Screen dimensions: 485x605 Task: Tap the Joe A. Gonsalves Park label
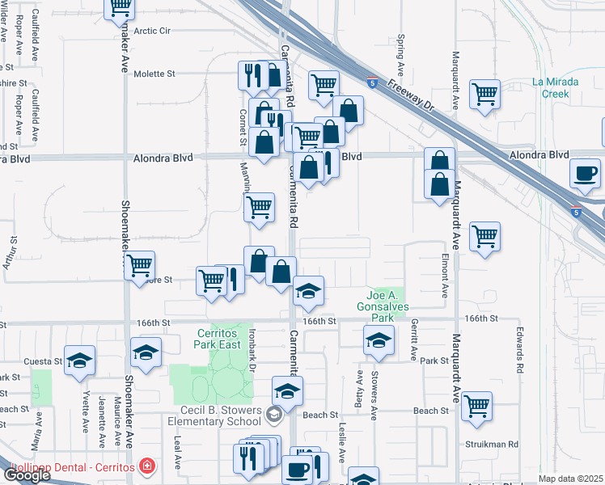(x=383, y=301)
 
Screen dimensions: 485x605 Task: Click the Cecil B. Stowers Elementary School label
(x=215, y=415)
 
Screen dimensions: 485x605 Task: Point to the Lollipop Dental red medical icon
(x=146, y=466)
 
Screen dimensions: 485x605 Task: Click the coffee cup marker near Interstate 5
(x=585, y=172)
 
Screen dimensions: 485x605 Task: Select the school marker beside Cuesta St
(x=79, y=361)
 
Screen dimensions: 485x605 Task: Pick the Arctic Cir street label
(x=153, y=31)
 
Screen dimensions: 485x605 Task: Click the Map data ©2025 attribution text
(x=570, y=479)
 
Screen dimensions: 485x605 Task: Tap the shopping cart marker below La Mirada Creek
(x=484, y=93)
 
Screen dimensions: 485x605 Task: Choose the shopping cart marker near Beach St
(x=477, y=406)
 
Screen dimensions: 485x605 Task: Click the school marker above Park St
(x=378, y=341)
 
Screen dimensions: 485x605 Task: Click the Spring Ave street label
(x=400, y=52)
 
